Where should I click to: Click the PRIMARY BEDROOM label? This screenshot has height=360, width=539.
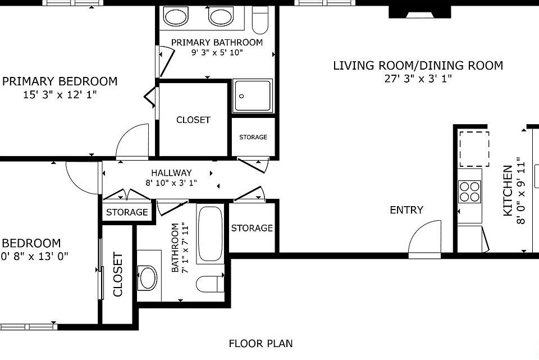click(60, 81)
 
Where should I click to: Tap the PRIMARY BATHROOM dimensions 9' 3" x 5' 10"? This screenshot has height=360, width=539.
click(217, 53)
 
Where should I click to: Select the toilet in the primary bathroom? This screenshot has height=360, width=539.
click(260, 20)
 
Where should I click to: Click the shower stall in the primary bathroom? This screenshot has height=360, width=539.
click(253, 96)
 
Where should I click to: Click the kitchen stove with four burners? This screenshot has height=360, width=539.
click(470, 192)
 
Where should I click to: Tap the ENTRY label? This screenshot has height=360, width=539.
click(406, 209)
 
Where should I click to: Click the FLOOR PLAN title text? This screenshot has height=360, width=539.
click(261, 344)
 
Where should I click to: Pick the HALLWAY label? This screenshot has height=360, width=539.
click(172, 172)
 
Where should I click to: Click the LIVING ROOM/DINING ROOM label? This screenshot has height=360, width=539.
click(418, 65)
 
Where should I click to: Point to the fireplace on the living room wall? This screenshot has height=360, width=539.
click(420, 12)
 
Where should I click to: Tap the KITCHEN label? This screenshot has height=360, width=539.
click(508, 191)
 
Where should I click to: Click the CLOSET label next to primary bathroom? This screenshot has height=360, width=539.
click(193, 120)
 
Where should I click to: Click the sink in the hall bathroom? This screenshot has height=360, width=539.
click(148, 277)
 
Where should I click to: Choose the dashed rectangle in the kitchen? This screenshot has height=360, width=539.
click(474, 149)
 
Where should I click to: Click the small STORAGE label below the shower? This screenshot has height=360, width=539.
click(253, 137)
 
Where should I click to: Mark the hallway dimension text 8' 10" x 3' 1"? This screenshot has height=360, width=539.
click(171, 183)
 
